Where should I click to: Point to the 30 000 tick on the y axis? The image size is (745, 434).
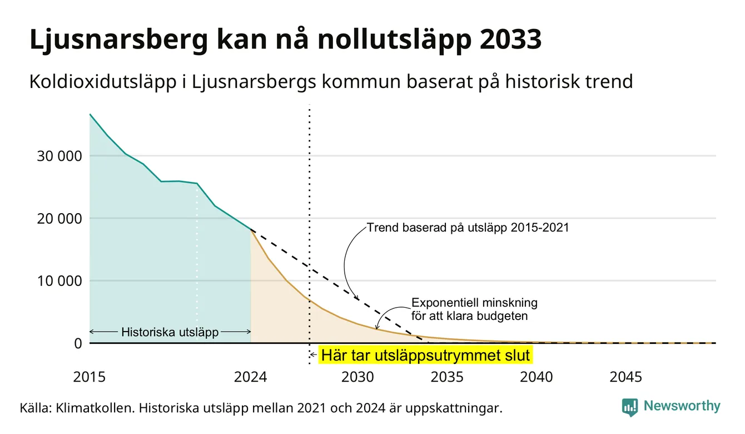[x=59, y=156]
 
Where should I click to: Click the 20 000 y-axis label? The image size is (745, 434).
[x=59, y=218]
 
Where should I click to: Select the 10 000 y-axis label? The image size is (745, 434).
[x=59, y=281]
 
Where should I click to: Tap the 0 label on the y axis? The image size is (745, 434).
[x=78, y=343]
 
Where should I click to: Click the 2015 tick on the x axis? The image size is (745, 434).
[x=89, y=377]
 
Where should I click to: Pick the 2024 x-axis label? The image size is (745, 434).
[x=250, y=377]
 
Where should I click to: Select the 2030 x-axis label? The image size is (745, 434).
[x=357, y=377]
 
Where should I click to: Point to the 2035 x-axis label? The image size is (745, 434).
[x=447, y=377]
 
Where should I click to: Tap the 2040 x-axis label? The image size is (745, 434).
[x=537, y=377]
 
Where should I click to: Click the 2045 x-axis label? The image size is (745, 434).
[x=625, y=377]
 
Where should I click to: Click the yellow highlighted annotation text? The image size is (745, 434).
[x=425, y=355]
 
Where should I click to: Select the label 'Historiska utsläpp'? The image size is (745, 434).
[x=170, y=332]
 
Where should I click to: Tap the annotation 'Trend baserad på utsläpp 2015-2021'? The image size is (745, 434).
[x=468, y=228]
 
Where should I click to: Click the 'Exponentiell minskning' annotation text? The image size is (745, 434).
[x=474, y=303]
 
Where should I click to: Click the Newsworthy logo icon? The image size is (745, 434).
[x=630, y=407]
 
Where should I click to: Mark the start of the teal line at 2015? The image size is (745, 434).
[x=90, y=114]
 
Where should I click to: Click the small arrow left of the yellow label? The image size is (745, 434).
[x=314, y=355]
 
